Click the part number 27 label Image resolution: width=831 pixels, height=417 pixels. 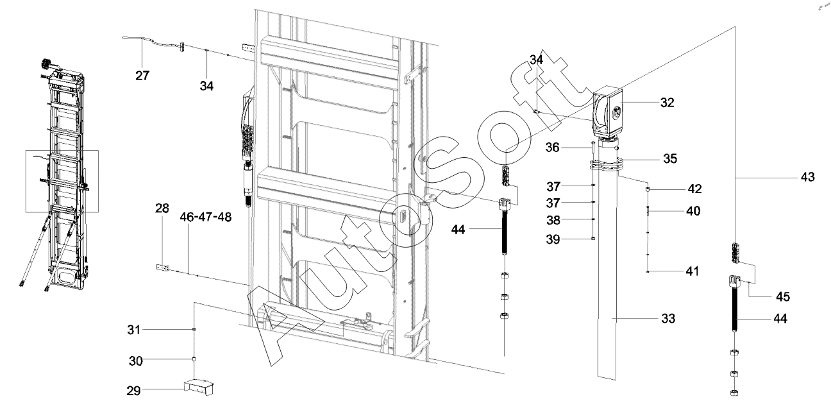click(142, 76)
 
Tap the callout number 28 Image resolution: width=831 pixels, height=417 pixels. click(162, 208)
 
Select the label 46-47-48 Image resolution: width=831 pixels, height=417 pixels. click(206, 217)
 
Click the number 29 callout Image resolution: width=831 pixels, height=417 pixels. click(133, 391)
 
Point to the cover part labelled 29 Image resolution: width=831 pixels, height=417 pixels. click(199, 387)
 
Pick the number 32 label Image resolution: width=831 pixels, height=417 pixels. click(667, 103)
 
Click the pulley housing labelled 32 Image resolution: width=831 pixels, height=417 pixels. click(608, 112)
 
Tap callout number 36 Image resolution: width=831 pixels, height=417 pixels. click(552, 148)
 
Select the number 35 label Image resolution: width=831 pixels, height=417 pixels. click(670, 158)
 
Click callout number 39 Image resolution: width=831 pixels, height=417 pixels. click(553, 239)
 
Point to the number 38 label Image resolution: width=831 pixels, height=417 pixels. click(553, 220)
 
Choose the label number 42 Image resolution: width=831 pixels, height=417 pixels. click(695, 189)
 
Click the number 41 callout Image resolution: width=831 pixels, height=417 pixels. click(692, 271)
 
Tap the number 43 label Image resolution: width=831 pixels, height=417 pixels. click(808, 177)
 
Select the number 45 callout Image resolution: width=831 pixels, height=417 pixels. click(783, 296)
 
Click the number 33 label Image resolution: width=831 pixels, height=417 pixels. click(668, 319)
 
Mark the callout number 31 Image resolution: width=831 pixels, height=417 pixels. click(134, 330)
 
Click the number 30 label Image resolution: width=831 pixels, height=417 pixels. click(136, 361)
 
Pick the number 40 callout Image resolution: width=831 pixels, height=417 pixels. click(693, 211)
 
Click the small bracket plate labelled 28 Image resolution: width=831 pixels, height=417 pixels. click(163, 268)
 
